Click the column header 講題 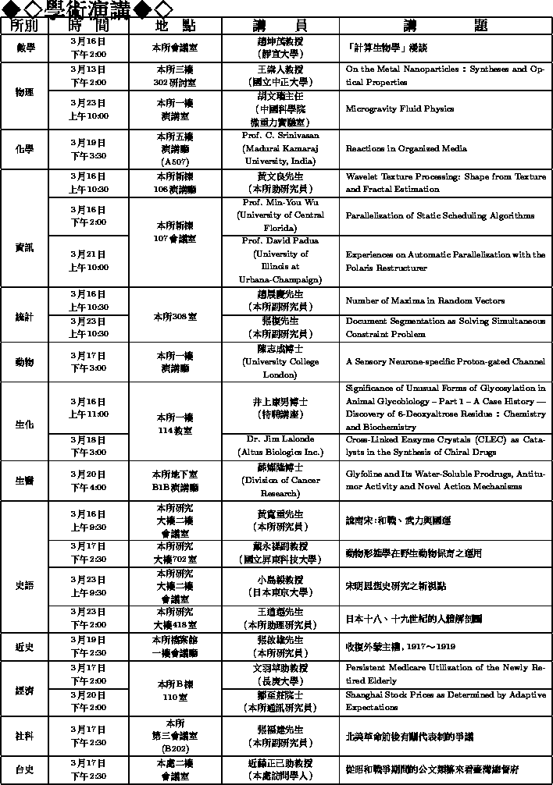[446, 25]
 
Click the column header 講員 [280, 25]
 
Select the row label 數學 [25, 48]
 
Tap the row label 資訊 [25, 247]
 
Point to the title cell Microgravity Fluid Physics [400, 109]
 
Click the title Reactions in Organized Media [406, 148]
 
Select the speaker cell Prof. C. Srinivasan [280, 148]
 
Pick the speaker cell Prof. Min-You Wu [280, 215]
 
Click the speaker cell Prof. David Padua [280, 261]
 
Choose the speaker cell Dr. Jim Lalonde [280, 445]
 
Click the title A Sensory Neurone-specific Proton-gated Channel [445, 362]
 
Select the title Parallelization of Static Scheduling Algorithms [440, 216]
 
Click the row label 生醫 [25, 481]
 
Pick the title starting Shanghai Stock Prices [445, 701]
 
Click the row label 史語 [25, 585]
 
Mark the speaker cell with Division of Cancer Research [280, 481]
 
